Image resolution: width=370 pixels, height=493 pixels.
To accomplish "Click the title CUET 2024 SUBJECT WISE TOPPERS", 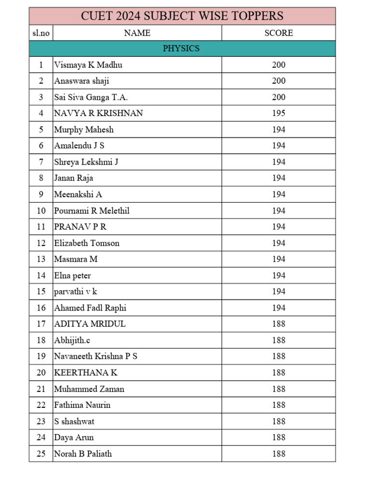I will pos(182,16).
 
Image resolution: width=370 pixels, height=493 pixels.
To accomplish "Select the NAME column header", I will pos(137,33).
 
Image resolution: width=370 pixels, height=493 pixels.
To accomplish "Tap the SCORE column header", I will pos(278,33).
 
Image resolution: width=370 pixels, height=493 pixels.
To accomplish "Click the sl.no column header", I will pos(41,33).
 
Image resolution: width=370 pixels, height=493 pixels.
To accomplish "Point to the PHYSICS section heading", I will pos(181,49).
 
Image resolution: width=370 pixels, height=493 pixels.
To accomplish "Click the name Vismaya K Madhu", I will pos(88,65).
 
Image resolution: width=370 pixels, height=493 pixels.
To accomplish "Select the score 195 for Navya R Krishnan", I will pos(278,113).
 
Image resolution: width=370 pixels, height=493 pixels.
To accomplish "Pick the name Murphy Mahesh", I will pos(84,130).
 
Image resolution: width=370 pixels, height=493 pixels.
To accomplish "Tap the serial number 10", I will pos(41,210).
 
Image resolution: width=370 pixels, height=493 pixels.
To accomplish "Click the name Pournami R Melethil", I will pos(92,210).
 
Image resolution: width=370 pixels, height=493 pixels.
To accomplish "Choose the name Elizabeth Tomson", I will pos(87,243).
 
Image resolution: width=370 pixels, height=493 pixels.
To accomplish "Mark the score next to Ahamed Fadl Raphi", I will pos(278,308).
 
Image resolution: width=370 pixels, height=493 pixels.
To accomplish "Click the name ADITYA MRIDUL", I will pos(90,324).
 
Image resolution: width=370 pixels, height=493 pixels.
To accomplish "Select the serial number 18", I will pos(41,340).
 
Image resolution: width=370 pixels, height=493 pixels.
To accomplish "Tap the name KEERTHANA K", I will pos(86,373).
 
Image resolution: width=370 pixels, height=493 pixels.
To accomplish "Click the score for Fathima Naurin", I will pos(278,405).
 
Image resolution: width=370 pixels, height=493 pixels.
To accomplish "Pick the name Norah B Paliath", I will pos(83,454).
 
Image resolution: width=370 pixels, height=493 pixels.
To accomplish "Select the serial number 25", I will pos(41,454).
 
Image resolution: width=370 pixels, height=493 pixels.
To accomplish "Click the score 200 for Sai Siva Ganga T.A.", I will pos(278,97).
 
